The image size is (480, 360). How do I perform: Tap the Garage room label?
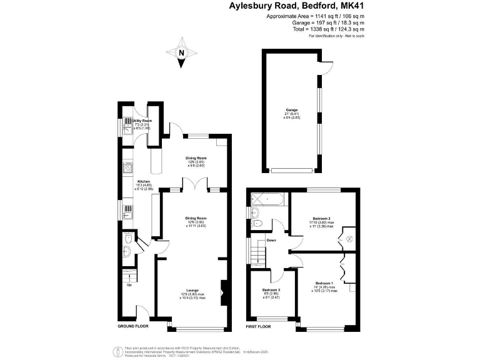click(292, 110)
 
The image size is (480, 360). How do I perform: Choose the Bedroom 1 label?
click(326, 283)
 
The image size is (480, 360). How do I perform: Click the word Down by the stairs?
click(271, 241)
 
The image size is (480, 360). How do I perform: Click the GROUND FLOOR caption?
click(132, 327)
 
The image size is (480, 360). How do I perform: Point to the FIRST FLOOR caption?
click(259, 327)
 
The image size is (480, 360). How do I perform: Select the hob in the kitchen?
click(127, 167)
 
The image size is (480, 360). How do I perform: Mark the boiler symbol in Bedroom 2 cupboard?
click(349, 238)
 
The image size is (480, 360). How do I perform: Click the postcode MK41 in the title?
click(352, 6)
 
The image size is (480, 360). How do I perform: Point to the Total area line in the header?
click(332, 29)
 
